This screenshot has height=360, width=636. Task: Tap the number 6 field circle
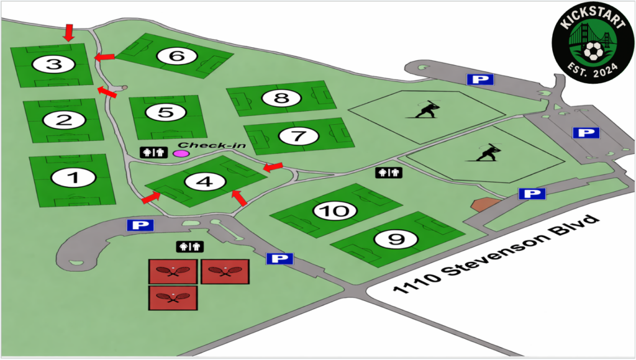click(177, 56)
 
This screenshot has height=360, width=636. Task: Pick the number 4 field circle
click(204, 182)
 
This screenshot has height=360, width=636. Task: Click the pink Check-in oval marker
click(181, 153)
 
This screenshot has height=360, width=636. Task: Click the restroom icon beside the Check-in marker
click(153, 152)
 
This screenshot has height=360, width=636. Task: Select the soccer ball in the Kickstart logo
click(594, 50)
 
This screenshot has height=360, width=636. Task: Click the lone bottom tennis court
click(173, 297)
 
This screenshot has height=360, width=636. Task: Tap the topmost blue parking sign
click(481, 79)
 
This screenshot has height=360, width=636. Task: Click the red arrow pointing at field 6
click(104, 57)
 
